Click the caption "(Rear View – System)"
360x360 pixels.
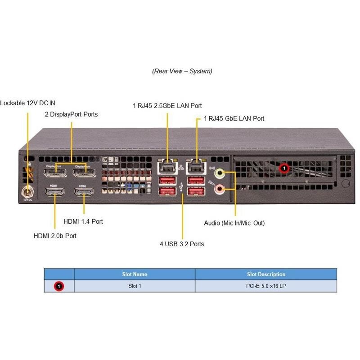[x=182, y=71]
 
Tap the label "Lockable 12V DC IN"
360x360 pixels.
[x=28, y=103]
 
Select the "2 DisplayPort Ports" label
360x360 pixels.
[x=71, y=114]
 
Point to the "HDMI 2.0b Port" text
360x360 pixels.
[x=55, y=236]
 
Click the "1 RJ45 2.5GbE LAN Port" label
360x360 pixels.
[x=167, y=106]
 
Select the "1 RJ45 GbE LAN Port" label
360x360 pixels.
[x=234, y=119]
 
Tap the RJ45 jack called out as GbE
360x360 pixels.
[x=195, y=168]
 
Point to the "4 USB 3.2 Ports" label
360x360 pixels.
[x=182, y=244]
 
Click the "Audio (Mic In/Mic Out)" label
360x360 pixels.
[x=234, y=223]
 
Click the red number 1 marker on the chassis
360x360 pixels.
[x=284, y=168]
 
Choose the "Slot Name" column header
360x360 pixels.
[x=135, y=274]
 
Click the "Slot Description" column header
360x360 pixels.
[x=266, y=274]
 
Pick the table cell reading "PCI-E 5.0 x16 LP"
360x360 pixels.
[x=266, y=286]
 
